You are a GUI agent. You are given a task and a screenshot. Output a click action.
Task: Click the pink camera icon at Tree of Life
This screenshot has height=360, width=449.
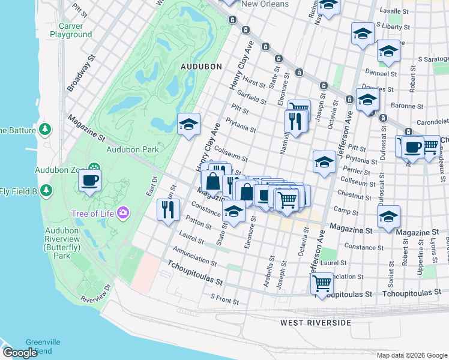pyautogui.click(x=124, y=212)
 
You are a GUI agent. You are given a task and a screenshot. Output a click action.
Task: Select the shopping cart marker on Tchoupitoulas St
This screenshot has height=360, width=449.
pyautogui.click(x=322, y=283)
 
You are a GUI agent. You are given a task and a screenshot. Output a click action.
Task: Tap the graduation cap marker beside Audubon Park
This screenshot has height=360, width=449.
pyautogui.click(x=188, y=124)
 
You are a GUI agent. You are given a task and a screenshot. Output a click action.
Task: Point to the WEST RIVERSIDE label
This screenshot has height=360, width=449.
pyautogui.click(x=315, y=323)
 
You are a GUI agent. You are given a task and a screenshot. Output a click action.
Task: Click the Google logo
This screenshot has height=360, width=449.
pyautogui.click(x=19, y=353)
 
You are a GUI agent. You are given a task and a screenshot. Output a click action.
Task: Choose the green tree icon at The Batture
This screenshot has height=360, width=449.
pyautogui.click(x=44, y=130)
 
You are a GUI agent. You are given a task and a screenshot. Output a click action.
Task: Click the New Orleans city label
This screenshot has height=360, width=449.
pyautogui.click(x=265, y=4)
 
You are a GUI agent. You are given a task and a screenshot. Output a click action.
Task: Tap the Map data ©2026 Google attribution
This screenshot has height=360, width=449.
pyautogui.click(x=411, y=355)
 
